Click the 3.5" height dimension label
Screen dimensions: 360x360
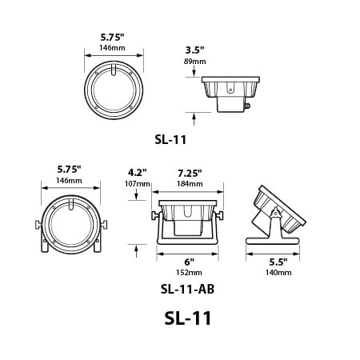tap(194, 50)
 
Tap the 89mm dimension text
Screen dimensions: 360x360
tap(194, 62)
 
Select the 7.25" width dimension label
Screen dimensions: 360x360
tap(190, 174)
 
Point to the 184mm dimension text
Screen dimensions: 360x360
tap(190, 184)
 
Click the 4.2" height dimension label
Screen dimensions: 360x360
tap(138, 173)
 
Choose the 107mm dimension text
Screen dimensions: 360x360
tap(138, 184)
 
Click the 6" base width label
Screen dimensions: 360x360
tap(189, 262)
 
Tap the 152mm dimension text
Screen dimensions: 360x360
tap(189, 273)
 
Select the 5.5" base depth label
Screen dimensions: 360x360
tap(278, 262)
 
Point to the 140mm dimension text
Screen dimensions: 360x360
tap(278, 273)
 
